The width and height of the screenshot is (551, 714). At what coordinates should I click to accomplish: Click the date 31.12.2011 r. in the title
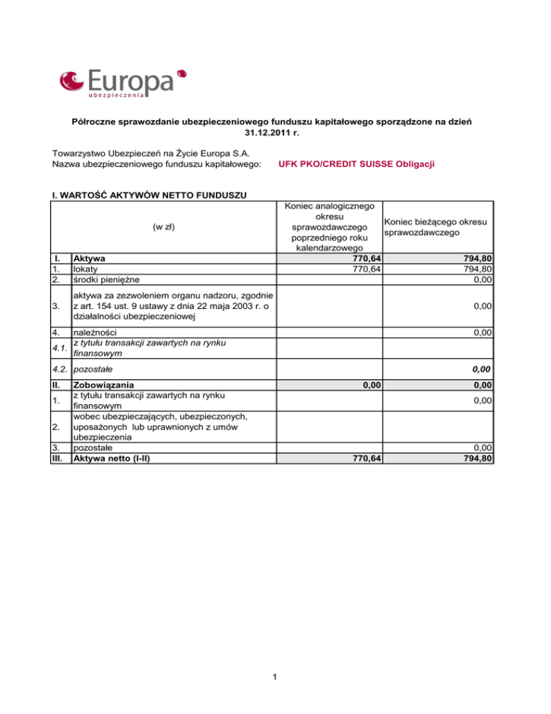[275, 133]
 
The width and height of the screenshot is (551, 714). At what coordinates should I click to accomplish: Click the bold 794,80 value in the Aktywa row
[476, 258]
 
